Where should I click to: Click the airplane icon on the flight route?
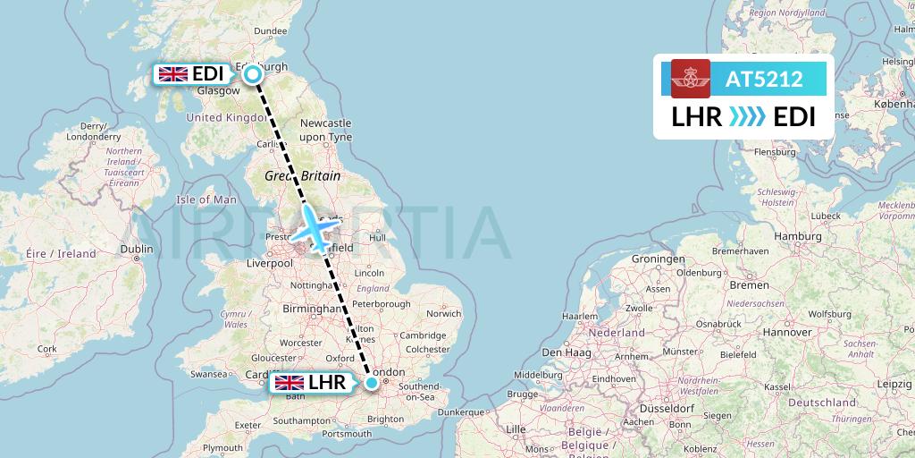314,229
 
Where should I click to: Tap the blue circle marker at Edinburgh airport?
253,74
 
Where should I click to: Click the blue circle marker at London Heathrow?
372,383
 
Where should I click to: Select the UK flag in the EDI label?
172,74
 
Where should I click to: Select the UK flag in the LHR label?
289,383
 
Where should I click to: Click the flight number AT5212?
763,79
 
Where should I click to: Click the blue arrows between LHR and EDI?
747,117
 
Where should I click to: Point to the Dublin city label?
137,250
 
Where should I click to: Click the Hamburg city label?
773,236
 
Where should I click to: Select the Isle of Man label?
206,199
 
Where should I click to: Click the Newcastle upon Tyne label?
325,129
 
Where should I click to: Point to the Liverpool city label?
271,264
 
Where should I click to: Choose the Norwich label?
443,314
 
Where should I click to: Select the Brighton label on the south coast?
385,419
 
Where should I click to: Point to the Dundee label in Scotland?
271,31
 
